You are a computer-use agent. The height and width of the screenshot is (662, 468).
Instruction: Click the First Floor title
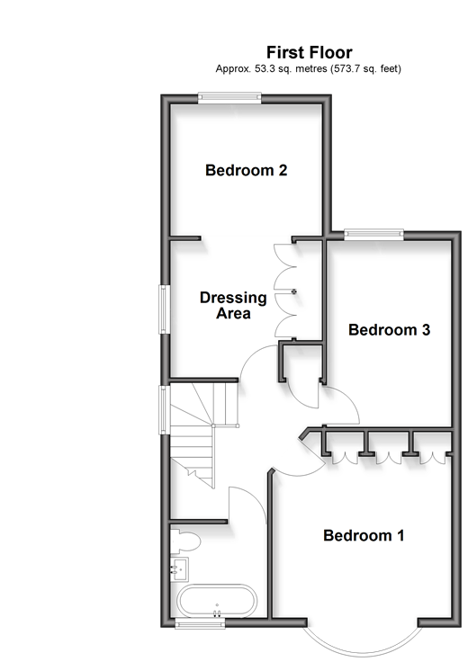click(x=310, y=53)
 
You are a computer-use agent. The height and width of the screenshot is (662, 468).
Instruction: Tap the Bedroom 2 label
click(x=247, y=170)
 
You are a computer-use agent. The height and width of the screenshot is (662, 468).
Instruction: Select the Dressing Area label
click(x=233, y=305)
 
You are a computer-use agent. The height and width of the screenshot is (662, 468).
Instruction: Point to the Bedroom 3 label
click(x=389, y=330)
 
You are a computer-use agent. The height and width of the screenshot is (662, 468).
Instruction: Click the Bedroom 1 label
click(x=364, y=535)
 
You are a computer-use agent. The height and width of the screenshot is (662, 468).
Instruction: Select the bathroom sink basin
click(x=179, y=569)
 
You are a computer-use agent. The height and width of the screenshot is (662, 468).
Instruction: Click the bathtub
click(x=217, y=601)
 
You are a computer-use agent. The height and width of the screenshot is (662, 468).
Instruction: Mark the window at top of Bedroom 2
click(x=229, y=98)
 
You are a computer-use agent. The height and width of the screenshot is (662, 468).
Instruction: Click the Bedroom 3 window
click(x=373, y=235)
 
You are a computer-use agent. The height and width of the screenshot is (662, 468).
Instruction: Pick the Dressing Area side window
click(x=165, y=309)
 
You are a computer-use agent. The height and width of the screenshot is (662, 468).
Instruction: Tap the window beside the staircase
click(x=165, y=409)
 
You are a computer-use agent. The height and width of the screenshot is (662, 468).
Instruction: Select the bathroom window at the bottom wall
click(x=200, y=623)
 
